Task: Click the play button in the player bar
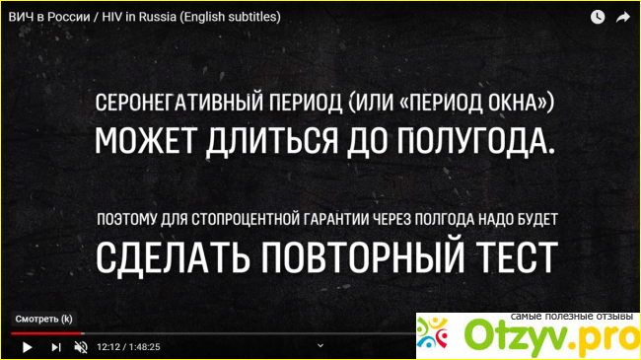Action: (28, 347)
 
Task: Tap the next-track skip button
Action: (56, 347)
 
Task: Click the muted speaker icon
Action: (81, 347)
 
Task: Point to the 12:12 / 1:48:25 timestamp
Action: (128, 347)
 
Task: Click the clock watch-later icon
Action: (598, 17)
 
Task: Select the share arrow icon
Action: (623, 17)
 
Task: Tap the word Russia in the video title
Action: (158, 17)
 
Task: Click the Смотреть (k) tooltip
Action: (43, 320)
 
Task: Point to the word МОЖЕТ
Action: (146, 140)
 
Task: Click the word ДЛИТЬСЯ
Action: (272, 142)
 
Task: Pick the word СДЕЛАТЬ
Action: (173, 257)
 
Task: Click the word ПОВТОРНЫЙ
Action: (363, 256)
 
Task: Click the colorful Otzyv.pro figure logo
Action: (432, 333)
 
